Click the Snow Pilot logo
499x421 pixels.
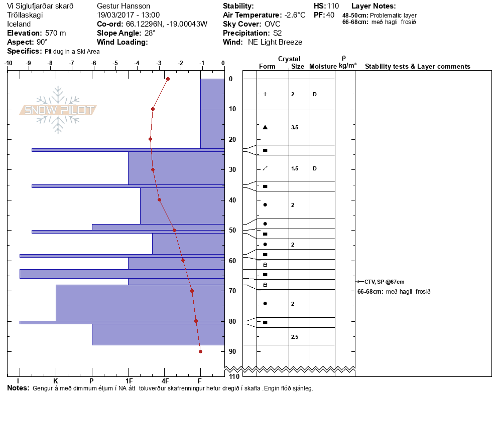tap(58, 110)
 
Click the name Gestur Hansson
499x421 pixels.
tap(123, 6)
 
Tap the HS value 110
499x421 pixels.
tap(333, 6)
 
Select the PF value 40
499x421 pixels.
tap(330, 15)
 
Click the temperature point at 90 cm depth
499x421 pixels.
tap(200, 351)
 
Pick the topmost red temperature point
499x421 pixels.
tap(168, 79)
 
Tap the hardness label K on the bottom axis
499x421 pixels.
tap(56, 381)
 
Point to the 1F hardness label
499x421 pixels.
tap(129, 381)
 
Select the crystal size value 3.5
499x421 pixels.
tap(295, 128)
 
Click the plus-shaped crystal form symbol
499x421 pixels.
tap(265, 94)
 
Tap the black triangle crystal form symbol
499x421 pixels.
tap(265, 127)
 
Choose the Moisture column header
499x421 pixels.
tap(323, 67)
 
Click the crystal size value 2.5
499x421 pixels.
tap(295, 337)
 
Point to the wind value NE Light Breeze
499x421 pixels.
tap(275, 42)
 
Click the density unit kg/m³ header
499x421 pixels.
tap(347, 66)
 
